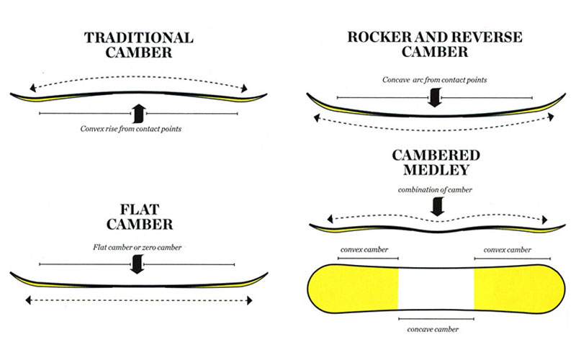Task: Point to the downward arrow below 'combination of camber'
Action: [435, 207]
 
